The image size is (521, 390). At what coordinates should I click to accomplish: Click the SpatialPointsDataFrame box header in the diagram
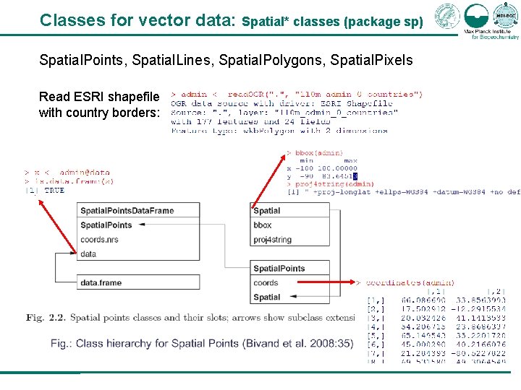pyautogui.click(x=127, y=211)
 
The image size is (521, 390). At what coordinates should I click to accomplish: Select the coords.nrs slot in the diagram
pyautogui.click(x=99, y=240)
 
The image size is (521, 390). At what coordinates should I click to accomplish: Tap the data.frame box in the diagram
pyautogui.click(x=101, y=283)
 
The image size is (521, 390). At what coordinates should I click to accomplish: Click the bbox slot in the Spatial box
pyautogui.click(x=263, y=225)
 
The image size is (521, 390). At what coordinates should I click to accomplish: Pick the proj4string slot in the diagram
pyautogui.click(x=273, y=240)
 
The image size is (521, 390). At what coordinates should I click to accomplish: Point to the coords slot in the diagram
pyautogui.click(x=266, y=283)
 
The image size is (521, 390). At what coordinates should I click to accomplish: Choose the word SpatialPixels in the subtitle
pyautogui.click(x=371, y=60)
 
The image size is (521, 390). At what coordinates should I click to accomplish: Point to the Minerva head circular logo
pyautogui.click(x=446, y=16)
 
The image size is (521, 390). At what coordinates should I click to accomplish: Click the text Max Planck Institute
pyautogui.click(x=487, y=32)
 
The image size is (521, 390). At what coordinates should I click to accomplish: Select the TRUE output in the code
pyautogui.click(x=54, y=191)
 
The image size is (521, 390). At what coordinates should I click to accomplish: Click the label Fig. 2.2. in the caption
pyautogui.click(x=45, y=318)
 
